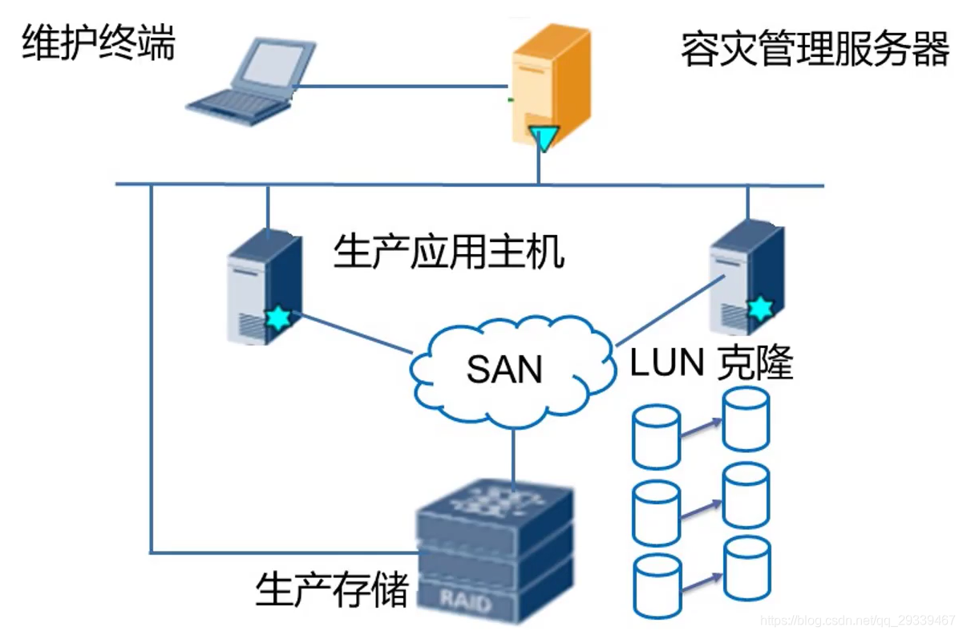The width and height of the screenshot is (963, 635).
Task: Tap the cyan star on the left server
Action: [x=278, y=318]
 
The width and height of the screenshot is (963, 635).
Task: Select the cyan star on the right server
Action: [x=758, y=308]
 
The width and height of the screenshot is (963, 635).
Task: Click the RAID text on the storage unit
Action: [x=466, y=601]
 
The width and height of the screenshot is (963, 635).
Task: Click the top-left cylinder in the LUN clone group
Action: [x=656, y=436]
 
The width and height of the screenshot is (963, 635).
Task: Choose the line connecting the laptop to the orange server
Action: [x=401, y=87]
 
